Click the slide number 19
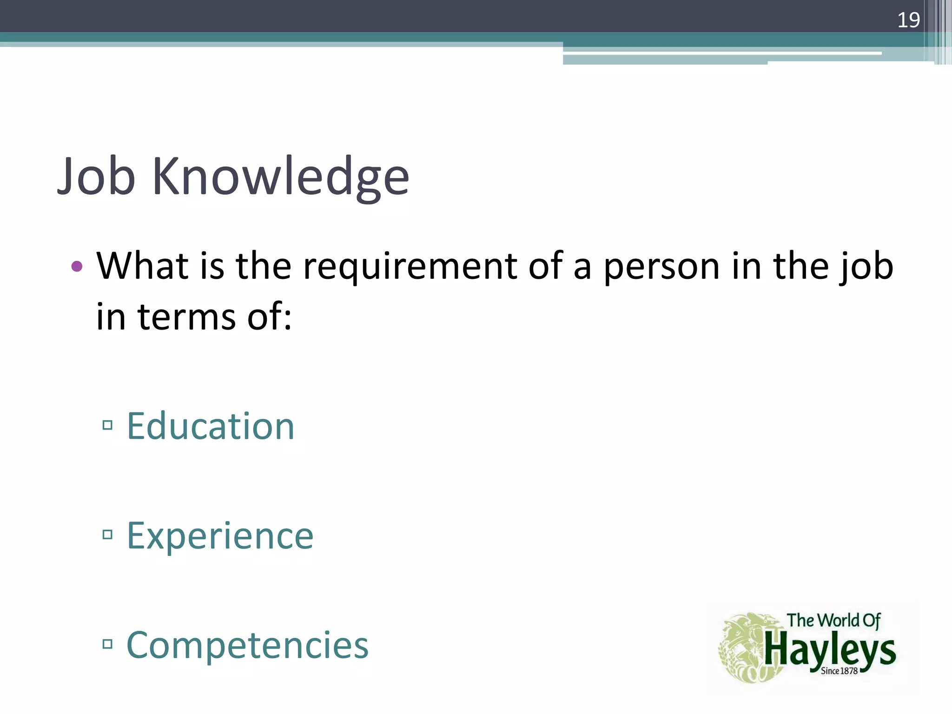[x=908, y=20]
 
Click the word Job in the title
[x=97, y=177]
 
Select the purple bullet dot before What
[x=77, y=267]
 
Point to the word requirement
[x=410, y=267]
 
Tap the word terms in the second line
[x=186, y=317]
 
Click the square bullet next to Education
[x=108, y=425]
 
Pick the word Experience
[x=220, y=536]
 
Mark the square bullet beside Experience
[x=108, y=535]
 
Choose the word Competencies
[x=247, y=645]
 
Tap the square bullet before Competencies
[x=108, y=644]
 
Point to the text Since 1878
[x=839, y=671]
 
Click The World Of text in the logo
[x=833, y=621]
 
